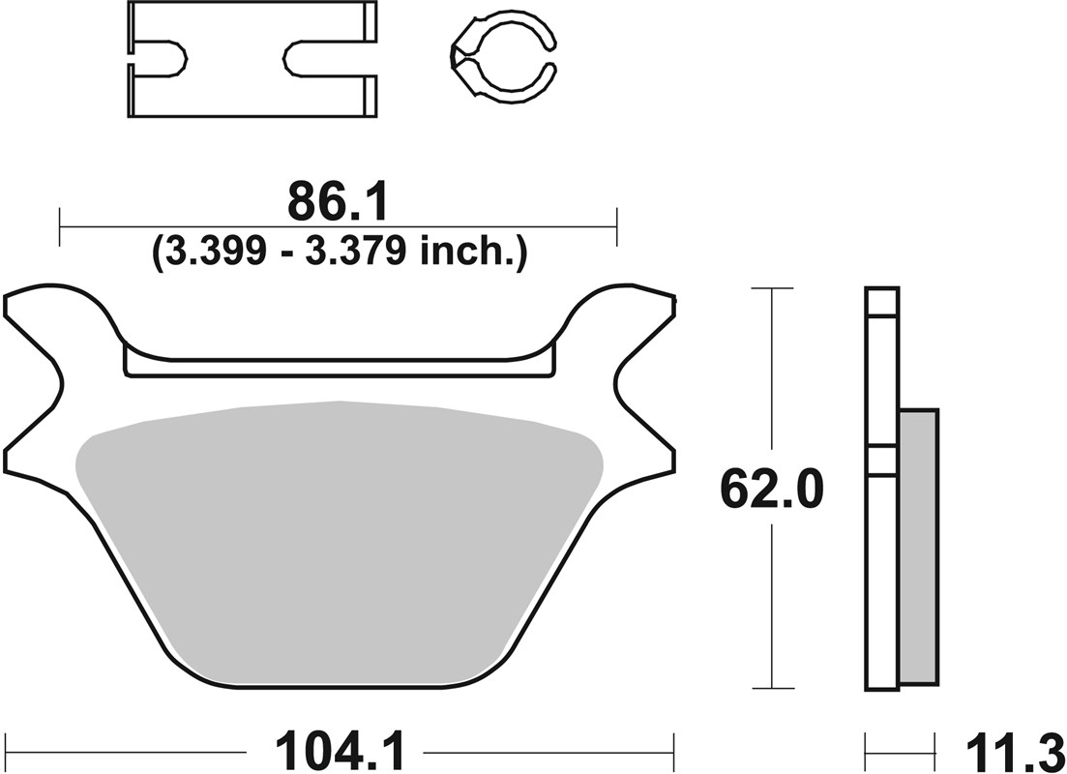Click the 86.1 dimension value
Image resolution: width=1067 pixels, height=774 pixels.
(338, 203)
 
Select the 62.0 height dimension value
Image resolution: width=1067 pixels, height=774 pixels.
(771, 491)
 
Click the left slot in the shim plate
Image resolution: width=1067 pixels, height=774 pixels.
(160, 58)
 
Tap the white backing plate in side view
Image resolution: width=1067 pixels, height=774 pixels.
(881, 580)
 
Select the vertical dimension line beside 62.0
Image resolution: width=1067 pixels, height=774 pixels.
(771, 600)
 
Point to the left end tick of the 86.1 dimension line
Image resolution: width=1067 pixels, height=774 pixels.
(60, 226)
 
